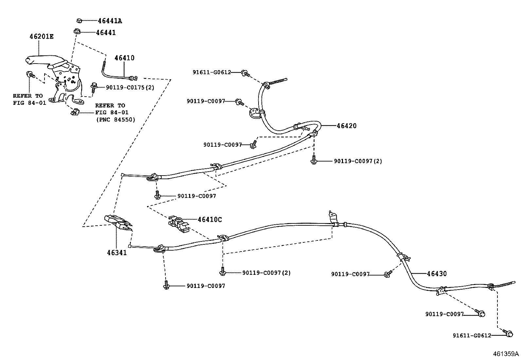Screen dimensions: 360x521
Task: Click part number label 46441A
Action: coord(110,21)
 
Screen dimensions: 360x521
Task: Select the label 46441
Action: coord(106,33)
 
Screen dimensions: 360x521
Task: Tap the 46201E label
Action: coord(42,36)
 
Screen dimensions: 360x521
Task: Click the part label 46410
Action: coord(124,58)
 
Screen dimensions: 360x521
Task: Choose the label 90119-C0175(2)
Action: coord(130,87)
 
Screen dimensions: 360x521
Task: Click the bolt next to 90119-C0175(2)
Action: coord(94,86)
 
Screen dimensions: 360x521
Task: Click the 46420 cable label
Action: coord(347,126)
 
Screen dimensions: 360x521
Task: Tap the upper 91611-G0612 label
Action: coord(212,72)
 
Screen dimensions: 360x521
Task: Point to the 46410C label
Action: coord(209,219)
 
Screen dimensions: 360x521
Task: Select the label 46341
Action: coord(117,253)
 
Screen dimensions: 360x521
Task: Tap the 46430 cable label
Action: coord(437,274)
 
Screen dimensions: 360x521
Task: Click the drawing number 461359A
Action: coord(506,354)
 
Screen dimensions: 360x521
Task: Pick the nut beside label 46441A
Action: coord(79,21)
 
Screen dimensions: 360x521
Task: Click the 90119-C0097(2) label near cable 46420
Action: coord(358,161)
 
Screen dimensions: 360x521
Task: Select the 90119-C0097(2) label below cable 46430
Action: coord(266,273)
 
